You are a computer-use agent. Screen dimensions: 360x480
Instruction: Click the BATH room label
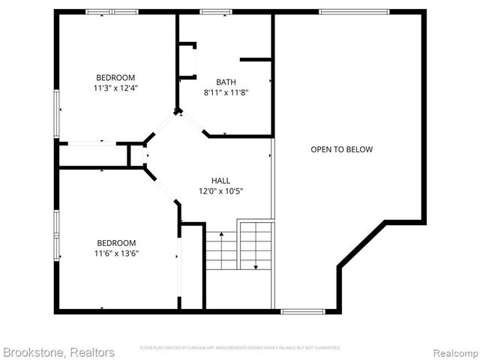(x=226, y=82)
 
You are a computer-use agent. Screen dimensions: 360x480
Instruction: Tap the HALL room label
(x=220, y=180)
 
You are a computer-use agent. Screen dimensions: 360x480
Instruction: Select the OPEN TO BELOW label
(x=341, y=149)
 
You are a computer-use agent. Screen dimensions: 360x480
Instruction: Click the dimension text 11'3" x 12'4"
(x=115, y=88)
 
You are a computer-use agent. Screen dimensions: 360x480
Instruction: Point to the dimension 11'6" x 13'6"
(x=116, y=253)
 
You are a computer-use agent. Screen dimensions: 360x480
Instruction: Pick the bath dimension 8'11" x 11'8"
(x=226, y=92)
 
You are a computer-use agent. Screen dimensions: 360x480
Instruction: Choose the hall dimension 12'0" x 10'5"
(x=221, y=190)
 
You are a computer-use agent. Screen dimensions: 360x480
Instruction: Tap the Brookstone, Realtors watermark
(x=58, y=352)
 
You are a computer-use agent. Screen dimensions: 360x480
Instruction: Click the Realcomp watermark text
(x=453, y=352)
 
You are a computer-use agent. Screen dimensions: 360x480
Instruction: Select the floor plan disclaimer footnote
(x=240, y=348)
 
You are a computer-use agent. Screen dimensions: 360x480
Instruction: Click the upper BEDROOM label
(x=115, y=77)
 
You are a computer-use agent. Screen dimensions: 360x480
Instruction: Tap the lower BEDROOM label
(x=116, y=242)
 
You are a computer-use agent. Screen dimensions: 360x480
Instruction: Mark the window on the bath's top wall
(x=216, y=11)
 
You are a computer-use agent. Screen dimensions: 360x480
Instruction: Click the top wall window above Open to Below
(x=354, y=11)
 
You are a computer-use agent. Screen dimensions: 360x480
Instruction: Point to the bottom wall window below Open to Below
(x=302, y=310)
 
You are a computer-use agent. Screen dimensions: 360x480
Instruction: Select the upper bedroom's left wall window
(x=56, y=113)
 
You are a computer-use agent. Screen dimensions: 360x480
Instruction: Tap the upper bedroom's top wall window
(x=111, y=11)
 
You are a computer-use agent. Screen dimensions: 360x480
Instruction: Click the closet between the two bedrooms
(x=93, y=155)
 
